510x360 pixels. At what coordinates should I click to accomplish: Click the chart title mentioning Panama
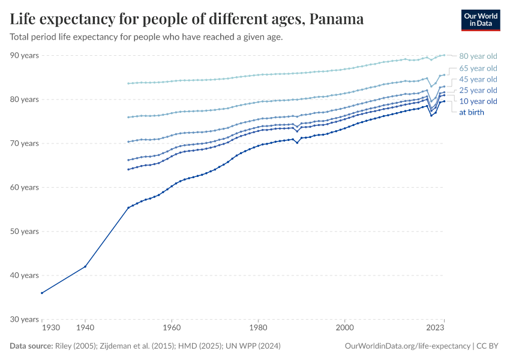(187, 19)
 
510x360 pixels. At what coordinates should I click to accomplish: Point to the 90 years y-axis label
(24, 55)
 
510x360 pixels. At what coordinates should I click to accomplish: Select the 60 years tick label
(24, 187)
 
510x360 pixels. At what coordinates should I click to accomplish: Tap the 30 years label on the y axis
(24, 319)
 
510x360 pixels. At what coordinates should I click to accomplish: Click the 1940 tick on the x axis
(85, 328)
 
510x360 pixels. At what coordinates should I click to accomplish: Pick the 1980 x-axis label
(258, 328)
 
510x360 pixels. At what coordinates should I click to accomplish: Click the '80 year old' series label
(478, 56)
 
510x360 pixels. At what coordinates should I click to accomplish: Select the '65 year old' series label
(478, 68)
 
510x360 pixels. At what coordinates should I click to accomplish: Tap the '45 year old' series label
(478, 79)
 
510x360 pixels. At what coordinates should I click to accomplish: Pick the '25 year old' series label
(478, 90)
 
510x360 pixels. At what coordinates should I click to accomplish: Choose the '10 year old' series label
(478, 101)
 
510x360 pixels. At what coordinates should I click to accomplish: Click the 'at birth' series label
(472, 112)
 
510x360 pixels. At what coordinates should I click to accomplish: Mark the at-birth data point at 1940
(85, 266)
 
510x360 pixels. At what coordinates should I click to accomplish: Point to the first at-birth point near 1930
(42, 293)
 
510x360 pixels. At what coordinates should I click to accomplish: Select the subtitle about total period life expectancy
(146, 37)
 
